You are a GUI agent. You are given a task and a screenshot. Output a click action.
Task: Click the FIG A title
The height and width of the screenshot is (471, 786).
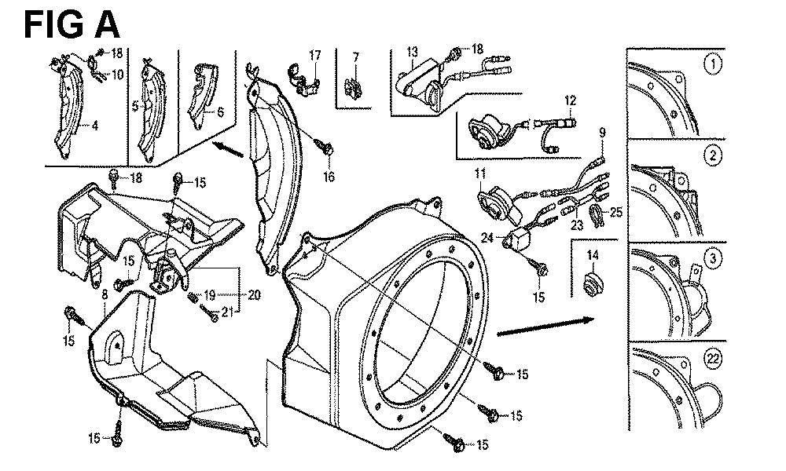click(x=72, y=24)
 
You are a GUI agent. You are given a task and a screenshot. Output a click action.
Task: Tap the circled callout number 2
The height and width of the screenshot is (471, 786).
click(x=712, y=155)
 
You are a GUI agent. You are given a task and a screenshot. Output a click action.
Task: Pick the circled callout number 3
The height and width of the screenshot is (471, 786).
click(x=712, y=258)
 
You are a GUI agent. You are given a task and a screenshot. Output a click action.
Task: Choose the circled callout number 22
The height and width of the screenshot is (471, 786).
click(x=713, y=360)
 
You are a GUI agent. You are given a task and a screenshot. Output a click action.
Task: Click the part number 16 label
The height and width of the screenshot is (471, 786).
click(x=328, y=177)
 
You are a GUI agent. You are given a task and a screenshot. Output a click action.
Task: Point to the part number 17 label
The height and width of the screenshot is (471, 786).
click(x=315, y=55)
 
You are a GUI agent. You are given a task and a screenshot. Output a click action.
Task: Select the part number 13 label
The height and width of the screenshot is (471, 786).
click(x=412, y=53)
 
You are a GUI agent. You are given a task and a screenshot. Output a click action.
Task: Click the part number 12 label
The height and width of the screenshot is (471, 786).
click(x=570, y=100)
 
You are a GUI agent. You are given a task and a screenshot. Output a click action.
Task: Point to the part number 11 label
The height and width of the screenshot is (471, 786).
click(x=479, y=172)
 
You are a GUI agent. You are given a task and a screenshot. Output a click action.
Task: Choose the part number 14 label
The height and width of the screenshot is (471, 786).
click(x=592, y=254)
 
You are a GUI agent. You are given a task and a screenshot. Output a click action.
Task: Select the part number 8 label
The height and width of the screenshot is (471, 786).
click(x=105, y=294)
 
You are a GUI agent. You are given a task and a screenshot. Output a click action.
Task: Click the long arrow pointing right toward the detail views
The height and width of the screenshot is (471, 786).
click(x=542, y=326)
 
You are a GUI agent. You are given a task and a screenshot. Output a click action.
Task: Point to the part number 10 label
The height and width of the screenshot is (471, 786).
click(x=117, y=75)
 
